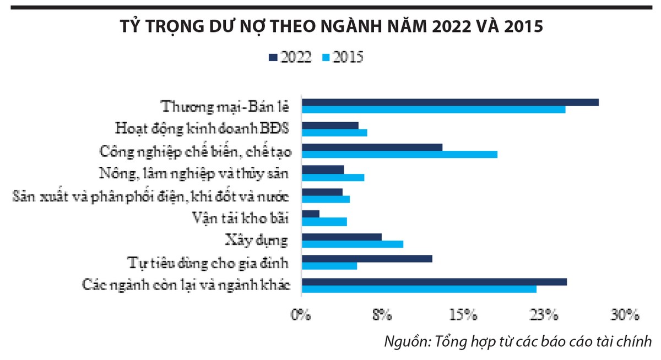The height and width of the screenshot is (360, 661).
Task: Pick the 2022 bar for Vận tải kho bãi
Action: point(311,214)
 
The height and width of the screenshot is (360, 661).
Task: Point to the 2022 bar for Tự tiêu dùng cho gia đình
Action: point(367,259)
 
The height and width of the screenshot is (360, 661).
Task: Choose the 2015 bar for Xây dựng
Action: point(353,244)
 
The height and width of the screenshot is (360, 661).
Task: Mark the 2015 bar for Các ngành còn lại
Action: point(419,288)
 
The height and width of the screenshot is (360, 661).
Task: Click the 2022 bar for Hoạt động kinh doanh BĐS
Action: point(330,125)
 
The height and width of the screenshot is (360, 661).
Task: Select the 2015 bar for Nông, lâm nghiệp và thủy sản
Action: point(333,177)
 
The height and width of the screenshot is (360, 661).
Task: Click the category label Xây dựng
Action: point(257,241)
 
